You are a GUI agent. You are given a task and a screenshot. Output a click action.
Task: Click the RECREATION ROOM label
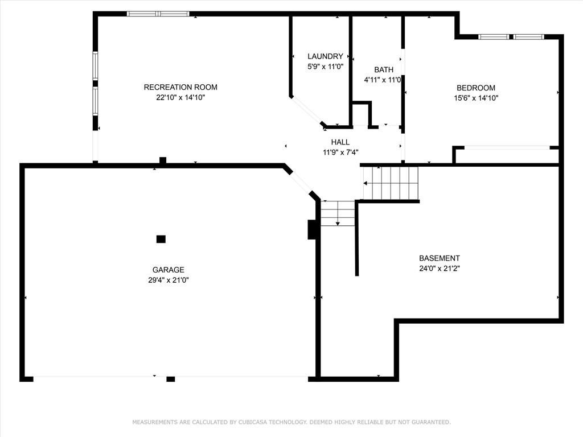click(x=180, y=87)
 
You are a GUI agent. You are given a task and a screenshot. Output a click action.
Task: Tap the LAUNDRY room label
click(x=325, y=56)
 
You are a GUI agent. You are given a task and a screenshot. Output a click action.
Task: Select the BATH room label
click(x=384, y=70)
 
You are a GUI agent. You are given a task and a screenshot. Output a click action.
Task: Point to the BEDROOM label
click(x=476, y=88)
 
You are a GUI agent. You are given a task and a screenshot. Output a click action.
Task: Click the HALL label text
click(x=340, y=142)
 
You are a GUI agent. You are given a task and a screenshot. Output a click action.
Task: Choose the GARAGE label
click(x=168, y=270)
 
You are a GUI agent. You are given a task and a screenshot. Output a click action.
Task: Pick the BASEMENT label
click(x=440, y=258)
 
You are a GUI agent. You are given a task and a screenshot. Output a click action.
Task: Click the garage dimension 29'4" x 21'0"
click(x=169, y=280)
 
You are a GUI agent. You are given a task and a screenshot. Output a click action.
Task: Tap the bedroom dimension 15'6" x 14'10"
click(x=476, y=98)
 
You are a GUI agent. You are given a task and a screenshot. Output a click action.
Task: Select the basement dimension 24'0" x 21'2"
click(x=440, y=269)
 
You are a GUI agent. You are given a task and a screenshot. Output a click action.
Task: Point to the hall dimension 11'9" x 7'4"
click(x=340, y=152)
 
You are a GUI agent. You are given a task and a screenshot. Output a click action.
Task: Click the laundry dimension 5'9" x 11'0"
click(x=325, y=67)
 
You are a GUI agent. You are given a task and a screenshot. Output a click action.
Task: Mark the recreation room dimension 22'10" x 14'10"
click(x=180, y=98)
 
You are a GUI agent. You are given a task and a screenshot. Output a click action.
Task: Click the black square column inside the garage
click(x=161, y=239)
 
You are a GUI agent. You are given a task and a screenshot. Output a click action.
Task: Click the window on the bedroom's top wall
click(x=511, y=37)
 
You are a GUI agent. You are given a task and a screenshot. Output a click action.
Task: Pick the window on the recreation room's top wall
click(x=158, y=14)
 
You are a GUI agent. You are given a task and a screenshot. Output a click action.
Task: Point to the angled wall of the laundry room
click(x=307, y=111)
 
